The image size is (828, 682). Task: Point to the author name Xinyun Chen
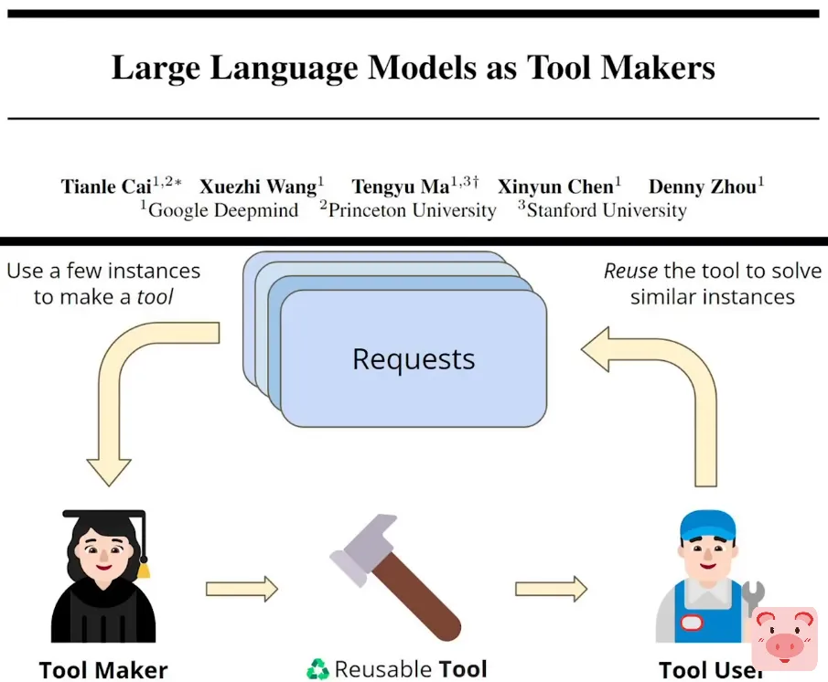click(554, 187)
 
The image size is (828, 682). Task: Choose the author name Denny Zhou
click(702, 187)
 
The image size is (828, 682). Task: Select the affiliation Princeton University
click(412, 211)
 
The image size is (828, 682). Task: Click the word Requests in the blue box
click(414, 359)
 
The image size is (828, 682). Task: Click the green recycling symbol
click(317, 669)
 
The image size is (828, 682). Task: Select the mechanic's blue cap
click(707, 526)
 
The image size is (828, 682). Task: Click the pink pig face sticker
click(784, 637)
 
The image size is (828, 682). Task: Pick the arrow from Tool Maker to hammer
click(242, 589)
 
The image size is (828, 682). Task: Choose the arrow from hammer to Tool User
click(551, 589)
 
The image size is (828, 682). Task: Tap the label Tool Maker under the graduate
click(103, 669)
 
